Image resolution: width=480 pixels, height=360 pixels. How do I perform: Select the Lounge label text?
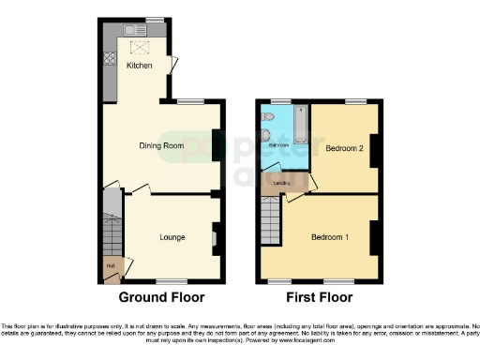point(171,236)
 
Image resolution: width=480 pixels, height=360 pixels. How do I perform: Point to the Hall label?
point(111,266)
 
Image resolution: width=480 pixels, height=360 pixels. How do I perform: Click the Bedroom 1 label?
point(330,236)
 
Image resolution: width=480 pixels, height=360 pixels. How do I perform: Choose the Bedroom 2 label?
point(343,148)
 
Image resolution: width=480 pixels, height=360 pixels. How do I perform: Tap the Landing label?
point(279,182)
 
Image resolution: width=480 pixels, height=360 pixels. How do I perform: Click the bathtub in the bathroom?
point(301,127)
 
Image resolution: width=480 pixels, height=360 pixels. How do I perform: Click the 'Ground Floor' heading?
point(161,297)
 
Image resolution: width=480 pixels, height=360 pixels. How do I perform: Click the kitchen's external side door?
point(173,64)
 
